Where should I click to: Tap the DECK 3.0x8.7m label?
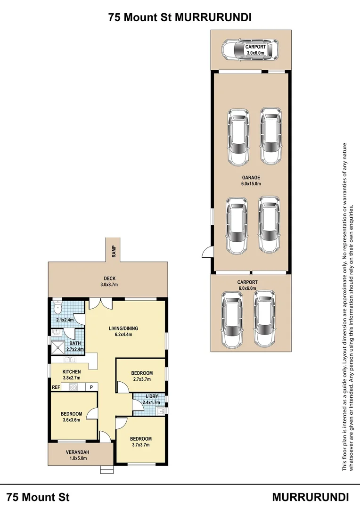pos(108,281)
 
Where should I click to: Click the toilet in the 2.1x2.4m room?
pos(57,309)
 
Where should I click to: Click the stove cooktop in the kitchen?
pos(74,387)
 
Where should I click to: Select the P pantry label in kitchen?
pos(91,387)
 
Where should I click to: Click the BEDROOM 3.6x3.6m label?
pos(72,417)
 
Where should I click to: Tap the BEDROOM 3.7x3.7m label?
pos(141,442)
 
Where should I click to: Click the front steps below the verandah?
pos(107,469)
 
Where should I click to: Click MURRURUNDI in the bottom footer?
pos(311,497)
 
